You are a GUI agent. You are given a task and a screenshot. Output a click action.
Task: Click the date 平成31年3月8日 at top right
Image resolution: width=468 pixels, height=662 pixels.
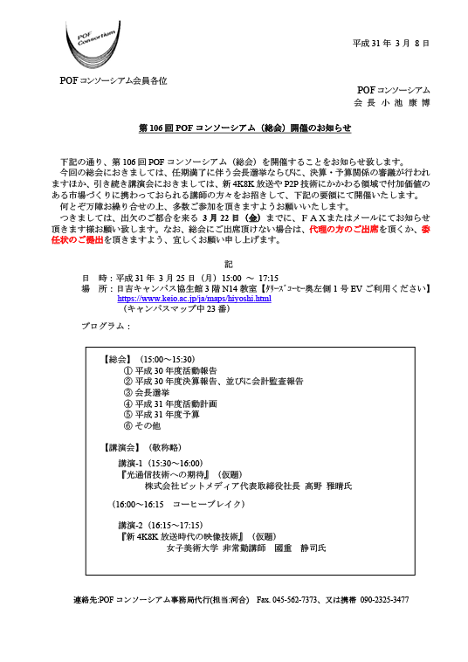point(391,43)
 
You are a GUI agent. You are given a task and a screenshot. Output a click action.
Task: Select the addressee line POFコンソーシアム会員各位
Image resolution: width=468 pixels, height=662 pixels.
point(114,80)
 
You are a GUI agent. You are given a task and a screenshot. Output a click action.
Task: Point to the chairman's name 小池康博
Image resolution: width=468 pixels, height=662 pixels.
point(405,102)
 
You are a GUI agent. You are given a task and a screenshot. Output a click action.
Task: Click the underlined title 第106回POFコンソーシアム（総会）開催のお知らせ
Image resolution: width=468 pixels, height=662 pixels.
point(244,128)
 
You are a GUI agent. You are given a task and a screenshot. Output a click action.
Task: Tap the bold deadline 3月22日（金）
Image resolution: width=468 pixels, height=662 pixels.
point(232,217)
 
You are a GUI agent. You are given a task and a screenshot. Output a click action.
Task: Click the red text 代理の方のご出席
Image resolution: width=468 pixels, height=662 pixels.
point(343,229)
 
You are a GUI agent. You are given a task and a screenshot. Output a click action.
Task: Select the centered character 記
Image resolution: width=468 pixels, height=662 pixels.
point(228,265)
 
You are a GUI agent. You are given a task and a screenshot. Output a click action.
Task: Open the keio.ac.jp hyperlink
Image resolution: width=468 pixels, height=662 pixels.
point(194,299)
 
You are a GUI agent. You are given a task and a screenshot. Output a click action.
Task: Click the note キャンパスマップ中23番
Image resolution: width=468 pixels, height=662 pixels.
point(177,308)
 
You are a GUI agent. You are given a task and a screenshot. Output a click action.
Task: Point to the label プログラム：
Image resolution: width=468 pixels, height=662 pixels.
point(106,326)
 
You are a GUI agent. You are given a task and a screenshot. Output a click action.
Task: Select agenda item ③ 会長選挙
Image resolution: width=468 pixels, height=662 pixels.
point(147,393)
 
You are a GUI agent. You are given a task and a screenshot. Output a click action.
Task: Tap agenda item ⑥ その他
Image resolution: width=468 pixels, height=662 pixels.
point(141,425)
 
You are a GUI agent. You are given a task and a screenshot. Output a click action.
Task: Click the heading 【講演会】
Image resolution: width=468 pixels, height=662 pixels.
point(121,447)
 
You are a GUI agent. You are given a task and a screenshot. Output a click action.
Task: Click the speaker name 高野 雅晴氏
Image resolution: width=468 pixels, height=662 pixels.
point(328,486)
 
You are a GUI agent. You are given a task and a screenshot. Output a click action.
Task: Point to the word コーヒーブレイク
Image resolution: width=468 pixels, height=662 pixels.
point(208,504)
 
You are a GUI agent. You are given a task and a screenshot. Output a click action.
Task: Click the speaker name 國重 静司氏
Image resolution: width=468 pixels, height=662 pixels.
point(300,548)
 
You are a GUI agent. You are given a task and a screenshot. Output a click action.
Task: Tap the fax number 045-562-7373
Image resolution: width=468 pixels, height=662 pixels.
point(294,599)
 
